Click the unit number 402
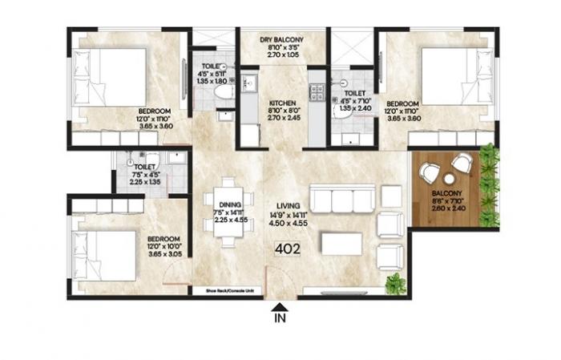(287, 249)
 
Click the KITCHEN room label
(283, 103)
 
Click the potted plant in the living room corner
(394, 282)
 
